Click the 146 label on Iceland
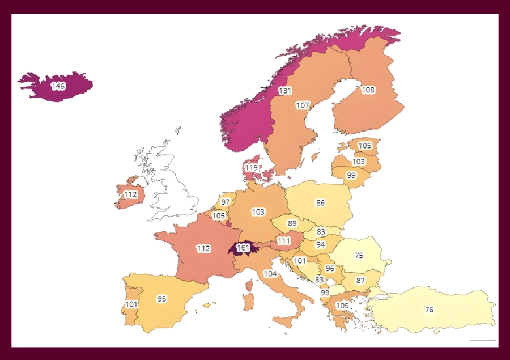[58, 86]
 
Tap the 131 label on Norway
[284, 91]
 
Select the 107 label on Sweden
[303, 105]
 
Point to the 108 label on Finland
[368, 90]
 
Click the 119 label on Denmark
[251, 168]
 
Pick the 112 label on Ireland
[131, 194]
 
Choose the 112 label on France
[203, 248]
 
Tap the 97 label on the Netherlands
[226, 202]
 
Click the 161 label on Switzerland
[243, 248]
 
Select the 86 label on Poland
[320, 202]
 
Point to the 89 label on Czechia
[292, 223]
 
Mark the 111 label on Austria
[284, 241]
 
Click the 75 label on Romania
[359, 255]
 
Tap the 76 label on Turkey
[430, 310]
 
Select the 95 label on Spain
[162, 299]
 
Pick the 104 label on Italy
[270, 274]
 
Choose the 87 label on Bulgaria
[360, 281]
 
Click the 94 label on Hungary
[320, 245]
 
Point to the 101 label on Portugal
[131, 304]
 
